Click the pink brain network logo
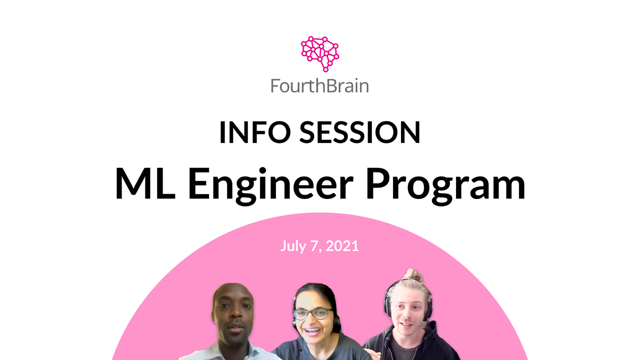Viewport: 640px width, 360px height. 320,53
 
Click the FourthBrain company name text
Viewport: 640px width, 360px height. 319,85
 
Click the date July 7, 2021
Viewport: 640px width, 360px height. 319,246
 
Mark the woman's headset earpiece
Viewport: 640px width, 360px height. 336,325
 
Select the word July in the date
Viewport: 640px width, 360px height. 292,246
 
